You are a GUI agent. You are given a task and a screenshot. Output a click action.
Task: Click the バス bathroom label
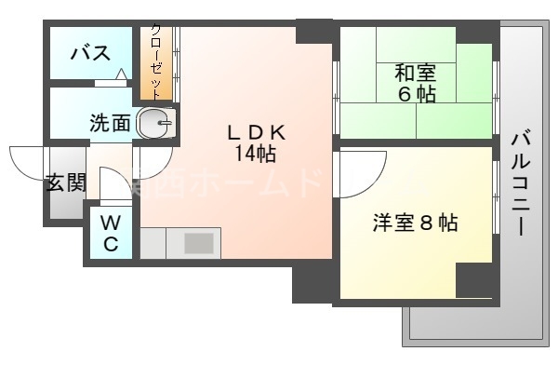90,52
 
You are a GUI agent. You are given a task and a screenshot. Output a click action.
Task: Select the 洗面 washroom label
110,123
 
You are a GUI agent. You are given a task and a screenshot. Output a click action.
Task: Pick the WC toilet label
110,234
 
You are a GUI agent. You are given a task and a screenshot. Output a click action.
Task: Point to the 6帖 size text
418,94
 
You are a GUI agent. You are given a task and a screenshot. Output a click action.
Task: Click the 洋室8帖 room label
416,223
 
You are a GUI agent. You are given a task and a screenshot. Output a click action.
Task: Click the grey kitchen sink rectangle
198,243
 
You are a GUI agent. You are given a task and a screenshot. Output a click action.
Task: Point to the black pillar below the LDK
312,279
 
